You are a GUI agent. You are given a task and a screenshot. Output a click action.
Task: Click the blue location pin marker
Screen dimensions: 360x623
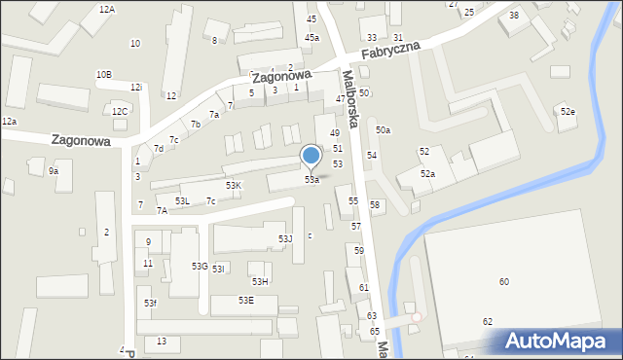click(311, 156)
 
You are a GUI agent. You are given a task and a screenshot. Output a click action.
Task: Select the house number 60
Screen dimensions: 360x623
click(503, 281)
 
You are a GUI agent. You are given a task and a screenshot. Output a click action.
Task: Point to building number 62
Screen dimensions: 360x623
click(488, 321)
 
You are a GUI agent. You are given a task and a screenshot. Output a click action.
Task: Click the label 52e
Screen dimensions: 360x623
click(568, 112)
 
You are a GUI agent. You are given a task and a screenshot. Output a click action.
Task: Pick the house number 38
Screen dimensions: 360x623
click(514, 16)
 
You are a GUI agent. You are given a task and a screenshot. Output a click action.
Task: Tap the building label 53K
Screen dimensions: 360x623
click(234, 185)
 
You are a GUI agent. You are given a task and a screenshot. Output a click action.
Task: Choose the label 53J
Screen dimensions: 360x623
click(285, 238)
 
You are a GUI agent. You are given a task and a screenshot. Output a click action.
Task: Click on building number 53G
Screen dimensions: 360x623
click(200, 266)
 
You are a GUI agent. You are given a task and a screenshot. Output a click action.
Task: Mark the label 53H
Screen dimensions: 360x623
click(260, 281)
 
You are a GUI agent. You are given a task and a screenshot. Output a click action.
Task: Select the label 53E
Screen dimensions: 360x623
click(246, 300)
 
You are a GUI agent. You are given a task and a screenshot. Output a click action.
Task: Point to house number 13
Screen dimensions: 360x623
click(162, 341)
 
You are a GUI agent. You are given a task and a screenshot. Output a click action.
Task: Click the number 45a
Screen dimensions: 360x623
click(311, 37)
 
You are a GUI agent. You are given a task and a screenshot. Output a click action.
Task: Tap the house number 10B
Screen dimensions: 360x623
click(103, 74)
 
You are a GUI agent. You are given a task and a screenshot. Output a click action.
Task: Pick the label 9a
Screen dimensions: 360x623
click(55, 171)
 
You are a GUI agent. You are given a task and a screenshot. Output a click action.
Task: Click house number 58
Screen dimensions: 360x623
click(375, 204)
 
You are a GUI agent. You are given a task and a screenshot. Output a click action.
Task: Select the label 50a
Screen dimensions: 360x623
click(384, 130)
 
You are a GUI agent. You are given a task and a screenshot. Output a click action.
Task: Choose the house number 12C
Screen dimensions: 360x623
click(119, 111)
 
